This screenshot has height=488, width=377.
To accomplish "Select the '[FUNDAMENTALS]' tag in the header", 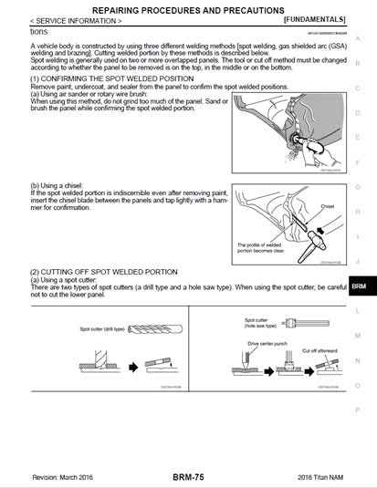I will [x=315, y=18].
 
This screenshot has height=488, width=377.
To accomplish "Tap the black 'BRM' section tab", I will [x=359, y=286].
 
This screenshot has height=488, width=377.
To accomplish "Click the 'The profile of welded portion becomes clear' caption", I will [x=262, y=248].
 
